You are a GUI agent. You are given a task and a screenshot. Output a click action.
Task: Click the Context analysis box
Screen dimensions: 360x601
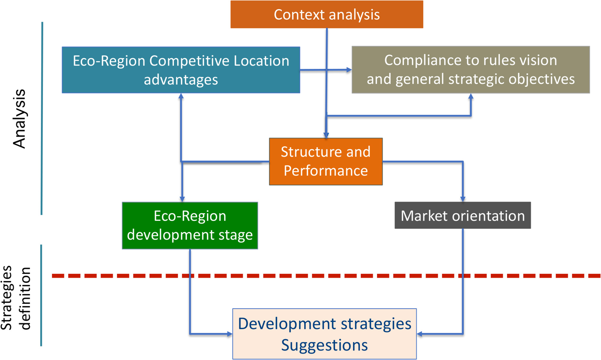coord(327,14)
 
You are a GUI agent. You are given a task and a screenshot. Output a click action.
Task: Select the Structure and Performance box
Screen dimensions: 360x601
coord(326,161)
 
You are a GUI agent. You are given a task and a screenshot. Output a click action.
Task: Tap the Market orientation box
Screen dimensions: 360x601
coord(463,215)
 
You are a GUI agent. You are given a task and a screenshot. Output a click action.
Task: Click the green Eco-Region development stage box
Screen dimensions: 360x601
coord(190,225)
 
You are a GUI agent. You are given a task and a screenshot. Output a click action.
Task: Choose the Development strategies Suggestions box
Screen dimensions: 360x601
coord(324,334)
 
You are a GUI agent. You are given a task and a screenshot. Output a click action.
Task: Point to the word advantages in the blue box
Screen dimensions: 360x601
coord(181,80)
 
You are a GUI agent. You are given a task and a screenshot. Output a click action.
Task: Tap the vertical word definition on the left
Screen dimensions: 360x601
coord(25,298)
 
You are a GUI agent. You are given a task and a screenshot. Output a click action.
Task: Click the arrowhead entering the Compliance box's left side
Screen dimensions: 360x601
coord(349,70)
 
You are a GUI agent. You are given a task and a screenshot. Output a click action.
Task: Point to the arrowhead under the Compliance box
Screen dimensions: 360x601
coord(471,96)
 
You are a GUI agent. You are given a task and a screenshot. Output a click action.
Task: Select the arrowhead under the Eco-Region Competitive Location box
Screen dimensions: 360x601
coord(181,96)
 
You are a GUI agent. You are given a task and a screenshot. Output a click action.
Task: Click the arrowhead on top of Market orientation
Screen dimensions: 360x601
coord(463,199)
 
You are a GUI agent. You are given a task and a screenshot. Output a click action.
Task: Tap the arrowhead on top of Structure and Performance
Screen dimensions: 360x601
coord(326,135)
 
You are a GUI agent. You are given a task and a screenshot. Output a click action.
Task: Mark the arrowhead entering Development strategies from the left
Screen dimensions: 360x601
coord(230,334)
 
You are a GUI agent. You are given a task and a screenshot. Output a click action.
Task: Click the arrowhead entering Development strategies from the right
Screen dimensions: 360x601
coord(420,334)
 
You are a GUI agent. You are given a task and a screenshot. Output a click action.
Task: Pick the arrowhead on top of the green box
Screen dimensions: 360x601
coord(182,199)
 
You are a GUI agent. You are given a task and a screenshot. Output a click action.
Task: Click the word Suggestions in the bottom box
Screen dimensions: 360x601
coord(324,345)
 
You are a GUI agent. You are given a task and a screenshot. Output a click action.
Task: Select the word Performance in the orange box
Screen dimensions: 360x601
coord(326,171)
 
